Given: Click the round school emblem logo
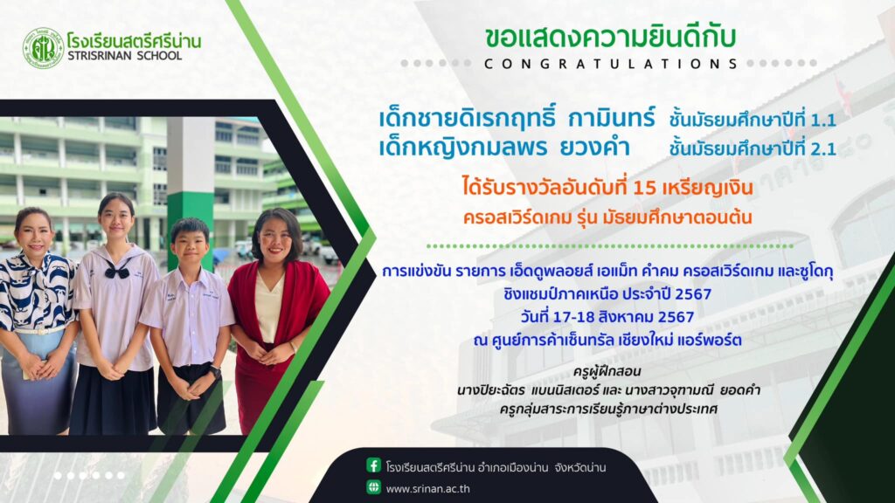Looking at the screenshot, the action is point(43,49).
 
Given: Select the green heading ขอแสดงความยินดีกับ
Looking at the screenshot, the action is point(611,37).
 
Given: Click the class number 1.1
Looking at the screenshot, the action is point(823,121).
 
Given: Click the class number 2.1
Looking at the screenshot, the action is point(823,149).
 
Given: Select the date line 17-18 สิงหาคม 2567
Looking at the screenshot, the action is point(607,316).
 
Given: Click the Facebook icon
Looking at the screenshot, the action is point(373,465).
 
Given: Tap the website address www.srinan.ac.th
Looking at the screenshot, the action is point(428,489).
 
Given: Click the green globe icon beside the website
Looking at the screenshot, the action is point(373,487).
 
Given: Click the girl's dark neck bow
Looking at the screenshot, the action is point(117,271).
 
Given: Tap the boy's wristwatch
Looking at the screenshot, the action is point(215,372).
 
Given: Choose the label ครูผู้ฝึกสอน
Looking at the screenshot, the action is point(607,371).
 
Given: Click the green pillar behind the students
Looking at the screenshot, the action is point(190,193).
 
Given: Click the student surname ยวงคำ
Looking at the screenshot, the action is point(594,148).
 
